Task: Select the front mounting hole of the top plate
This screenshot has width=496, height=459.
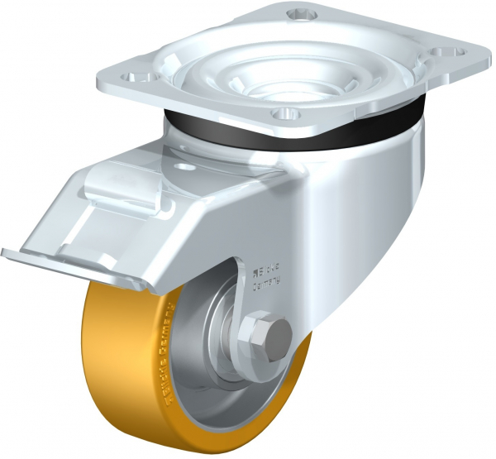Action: click(284, 112)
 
